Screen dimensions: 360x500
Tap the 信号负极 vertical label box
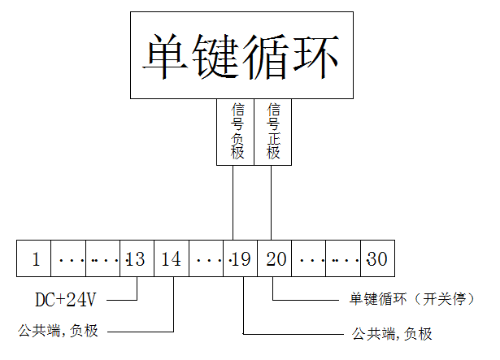(237, 131)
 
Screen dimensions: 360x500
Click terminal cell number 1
(35, 259)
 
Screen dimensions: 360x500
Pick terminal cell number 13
(136, 259)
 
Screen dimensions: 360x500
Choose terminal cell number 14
(171, 259)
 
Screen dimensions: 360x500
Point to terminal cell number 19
(240, 259)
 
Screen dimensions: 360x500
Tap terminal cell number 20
(275, 259)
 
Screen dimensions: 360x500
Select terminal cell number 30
(377, 259)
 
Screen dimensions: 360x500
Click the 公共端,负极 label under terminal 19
(391, 334)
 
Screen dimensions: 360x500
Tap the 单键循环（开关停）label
(406, 300)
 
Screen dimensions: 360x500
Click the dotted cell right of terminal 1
(68, 259)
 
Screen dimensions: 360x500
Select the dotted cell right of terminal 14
(206, 259)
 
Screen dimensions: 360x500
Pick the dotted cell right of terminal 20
(309, 259)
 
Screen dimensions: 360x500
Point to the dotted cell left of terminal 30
(343, 259)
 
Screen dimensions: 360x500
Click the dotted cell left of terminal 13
(102, 259)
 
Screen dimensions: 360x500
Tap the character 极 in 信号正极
(273, 152)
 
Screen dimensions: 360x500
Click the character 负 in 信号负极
(237, 137)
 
